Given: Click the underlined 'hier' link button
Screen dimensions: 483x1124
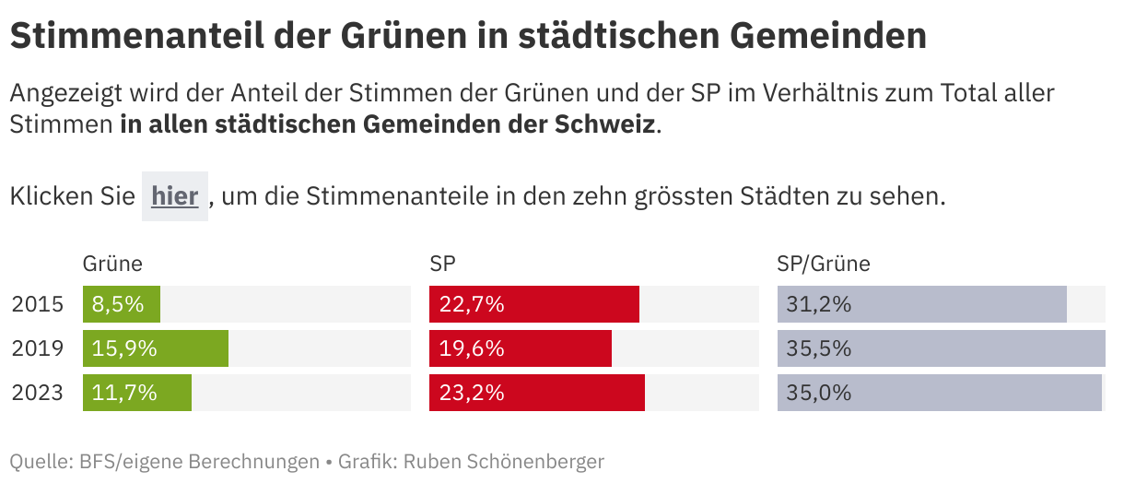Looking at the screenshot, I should (x=175, y=196).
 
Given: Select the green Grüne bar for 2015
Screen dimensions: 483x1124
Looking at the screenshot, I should (x=122, y=304).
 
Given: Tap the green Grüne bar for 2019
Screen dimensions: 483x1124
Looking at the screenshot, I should (x=156, y=348).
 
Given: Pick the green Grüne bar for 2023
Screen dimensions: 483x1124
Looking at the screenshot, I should (x=137, y=393).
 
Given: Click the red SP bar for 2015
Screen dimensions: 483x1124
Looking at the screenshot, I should (x=534, y=304).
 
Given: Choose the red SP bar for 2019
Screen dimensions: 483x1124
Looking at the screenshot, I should (x=521, y=348).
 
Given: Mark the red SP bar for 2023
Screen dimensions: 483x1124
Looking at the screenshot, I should (x=537, y=393).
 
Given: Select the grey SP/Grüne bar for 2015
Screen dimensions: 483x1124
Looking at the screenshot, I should (x=921, y=304).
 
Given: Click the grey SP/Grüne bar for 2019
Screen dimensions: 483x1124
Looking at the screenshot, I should (x=941, y=348).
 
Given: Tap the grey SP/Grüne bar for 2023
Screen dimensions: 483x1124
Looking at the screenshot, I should (x=939, y=393).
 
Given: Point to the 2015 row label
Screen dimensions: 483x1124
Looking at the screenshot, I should (x=38, y=304).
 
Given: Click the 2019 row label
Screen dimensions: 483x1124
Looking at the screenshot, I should (x=38, y=348).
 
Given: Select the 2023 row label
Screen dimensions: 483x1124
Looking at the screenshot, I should (x=38, y=393).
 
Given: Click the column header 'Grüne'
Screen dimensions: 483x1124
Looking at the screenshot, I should (x=113, y=265).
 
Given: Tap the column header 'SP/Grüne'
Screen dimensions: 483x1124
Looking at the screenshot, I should (x=824, y=265).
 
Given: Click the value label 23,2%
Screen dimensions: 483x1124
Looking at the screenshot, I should (x=472, y=393).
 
